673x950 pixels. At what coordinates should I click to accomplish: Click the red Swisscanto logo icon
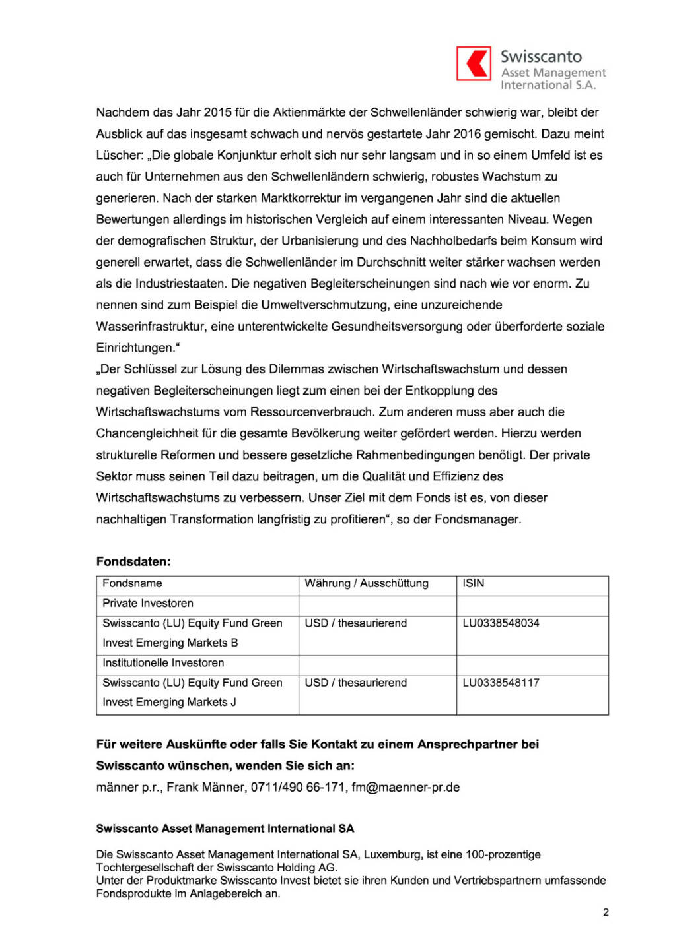(x=474, y=63)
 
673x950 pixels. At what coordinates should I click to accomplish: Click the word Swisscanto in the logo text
(x=541, y=57)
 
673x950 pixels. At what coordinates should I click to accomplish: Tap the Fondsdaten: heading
(x=133, y=561)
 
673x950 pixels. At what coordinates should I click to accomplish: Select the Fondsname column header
(x=132, y=583)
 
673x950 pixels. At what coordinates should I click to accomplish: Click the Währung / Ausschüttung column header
(x=367, y=583)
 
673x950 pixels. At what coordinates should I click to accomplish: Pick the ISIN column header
(x=474, y=583)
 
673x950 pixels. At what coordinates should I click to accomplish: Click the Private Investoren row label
(x=148, y=603)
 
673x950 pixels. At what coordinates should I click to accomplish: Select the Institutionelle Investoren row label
(x=163, y=662)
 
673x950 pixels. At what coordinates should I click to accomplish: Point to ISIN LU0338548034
(x=501, y=623)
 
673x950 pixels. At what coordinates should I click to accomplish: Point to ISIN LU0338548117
(x=501, y=683)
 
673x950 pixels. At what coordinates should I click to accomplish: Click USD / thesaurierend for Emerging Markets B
(x=355, y=623)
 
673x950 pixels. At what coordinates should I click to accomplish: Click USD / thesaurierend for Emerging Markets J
(x=355, y=683)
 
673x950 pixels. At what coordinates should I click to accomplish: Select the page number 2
(x=606, y=912)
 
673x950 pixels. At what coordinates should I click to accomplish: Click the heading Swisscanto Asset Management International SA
(x=225, y=829)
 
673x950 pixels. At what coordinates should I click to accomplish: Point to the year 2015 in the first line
(x=217, y=112)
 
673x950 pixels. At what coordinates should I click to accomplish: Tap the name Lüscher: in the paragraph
(x=120, y=155)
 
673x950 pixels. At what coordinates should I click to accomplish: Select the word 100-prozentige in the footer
(x=503, y=854)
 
